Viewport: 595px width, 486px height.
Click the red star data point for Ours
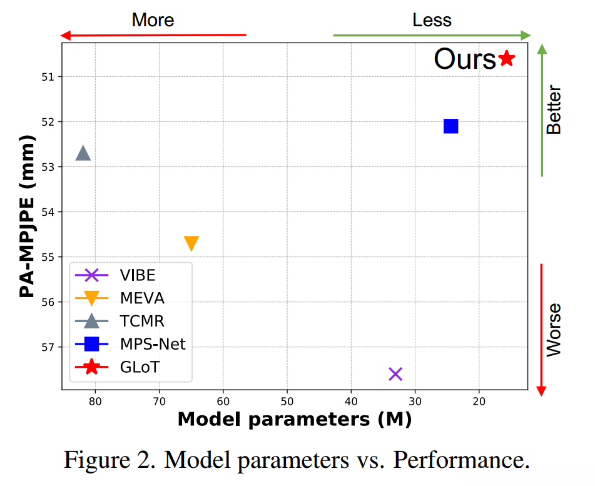506,59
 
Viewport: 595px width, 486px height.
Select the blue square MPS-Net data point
450,126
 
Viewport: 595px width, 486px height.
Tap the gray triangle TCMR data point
83,153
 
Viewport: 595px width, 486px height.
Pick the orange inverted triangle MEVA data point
191,243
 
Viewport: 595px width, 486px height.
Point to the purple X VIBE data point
395,373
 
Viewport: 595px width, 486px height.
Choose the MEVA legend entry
141,298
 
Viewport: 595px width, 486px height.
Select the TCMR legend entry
141,321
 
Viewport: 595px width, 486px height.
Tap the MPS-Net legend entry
152,343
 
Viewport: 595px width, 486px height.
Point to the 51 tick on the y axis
49,77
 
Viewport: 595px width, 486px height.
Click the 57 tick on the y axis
49,347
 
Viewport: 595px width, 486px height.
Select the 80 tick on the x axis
95,401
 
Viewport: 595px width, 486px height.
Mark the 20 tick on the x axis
479,401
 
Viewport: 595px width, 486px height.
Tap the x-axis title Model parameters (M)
295,419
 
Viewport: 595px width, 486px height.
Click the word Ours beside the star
465,59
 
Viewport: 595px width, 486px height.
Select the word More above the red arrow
153,20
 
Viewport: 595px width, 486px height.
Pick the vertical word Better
554,110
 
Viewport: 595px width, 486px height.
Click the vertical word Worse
554,330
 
